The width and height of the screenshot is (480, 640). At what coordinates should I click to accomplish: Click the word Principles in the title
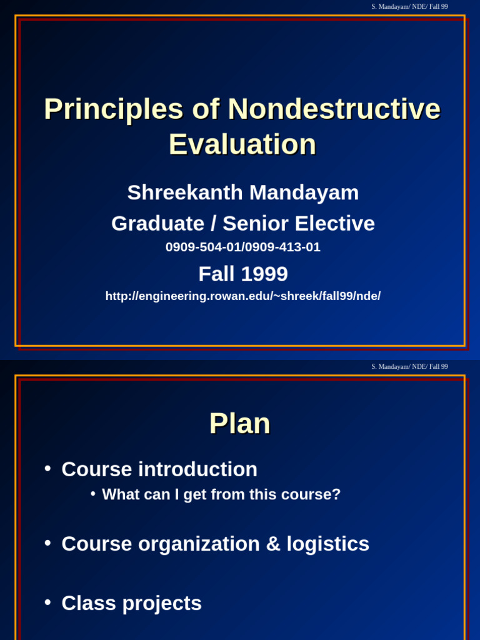tap(114, 109)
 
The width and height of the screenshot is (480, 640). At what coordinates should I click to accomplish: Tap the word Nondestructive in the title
tap(334, 109)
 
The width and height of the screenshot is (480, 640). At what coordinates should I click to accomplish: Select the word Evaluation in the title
tap(242, 144)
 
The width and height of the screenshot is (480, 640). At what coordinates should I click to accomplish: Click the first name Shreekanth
tap(185, 192)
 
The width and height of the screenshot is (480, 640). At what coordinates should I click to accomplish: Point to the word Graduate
tap(158, 223)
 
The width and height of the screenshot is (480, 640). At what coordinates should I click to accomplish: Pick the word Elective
tap(335, 223)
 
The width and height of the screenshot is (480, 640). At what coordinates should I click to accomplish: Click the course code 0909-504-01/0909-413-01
tap(243, 247)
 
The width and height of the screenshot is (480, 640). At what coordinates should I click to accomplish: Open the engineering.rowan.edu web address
tap(243, 296)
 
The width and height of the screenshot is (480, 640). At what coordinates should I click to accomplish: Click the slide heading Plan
tap(239, 423)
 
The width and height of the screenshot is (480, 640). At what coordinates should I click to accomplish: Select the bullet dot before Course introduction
tap(47, 469)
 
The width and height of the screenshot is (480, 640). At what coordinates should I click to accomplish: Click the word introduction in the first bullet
tap(198, 469)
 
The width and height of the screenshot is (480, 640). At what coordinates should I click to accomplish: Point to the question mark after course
tap(336, 494)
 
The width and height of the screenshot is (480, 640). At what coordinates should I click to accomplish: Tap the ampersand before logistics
tap(273, 544)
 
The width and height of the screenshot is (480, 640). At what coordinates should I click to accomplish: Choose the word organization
tap(199, 544)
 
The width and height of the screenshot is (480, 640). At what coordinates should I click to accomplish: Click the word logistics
tap(327, 544)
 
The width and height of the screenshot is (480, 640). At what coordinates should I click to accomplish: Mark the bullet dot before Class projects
tap(47, 602)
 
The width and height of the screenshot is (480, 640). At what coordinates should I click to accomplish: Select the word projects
tap(162, 604)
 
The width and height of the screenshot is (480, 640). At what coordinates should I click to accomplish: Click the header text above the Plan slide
tap(409, 366)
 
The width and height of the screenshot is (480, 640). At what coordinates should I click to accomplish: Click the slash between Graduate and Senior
tap(214, 223)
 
